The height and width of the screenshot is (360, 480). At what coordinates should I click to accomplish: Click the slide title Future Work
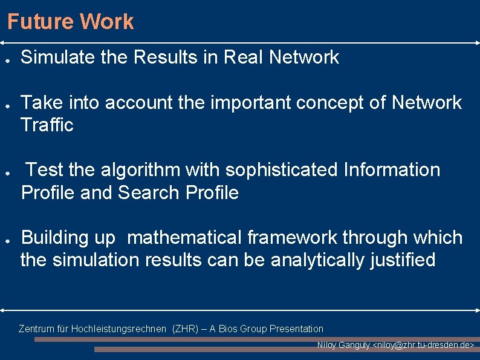tap(70, 22)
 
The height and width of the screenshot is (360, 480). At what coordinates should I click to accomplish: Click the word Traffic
tap(47, 125)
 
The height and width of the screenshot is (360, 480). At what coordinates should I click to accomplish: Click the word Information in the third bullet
tap(392, 170)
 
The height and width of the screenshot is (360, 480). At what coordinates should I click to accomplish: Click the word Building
tap(55, 238)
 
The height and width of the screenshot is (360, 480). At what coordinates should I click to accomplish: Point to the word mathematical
tap(184, 238)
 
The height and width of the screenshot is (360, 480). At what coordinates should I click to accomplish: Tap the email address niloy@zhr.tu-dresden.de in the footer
tap(423, 345)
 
